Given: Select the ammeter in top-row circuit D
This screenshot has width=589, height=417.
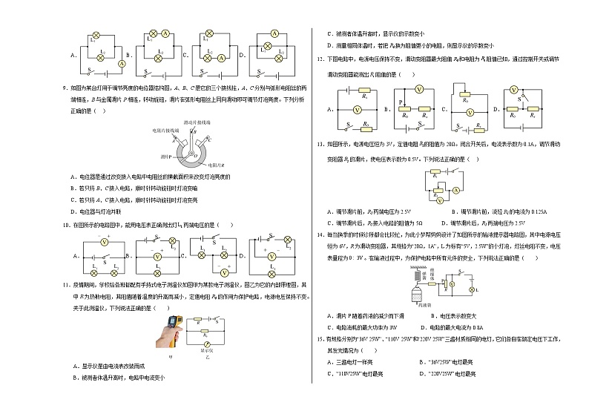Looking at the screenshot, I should [274, 34].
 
